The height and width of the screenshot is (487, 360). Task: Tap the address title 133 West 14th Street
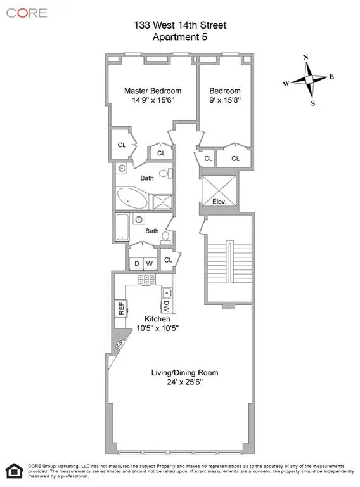tap(180, 25)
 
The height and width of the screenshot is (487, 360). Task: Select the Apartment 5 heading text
tap(180, 36)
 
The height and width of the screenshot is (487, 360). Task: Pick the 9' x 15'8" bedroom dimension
tap(225, 100)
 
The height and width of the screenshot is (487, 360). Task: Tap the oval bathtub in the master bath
tap(132, 198)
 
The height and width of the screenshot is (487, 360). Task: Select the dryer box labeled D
tap(136, 263)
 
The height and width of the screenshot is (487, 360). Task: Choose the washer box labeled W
tap(150, 263)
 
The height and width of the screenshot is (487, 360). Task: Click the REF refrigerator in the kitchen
tap(120, 308)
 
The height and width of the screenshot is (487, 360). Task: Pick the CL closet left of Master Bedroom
tap(121, 145)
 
